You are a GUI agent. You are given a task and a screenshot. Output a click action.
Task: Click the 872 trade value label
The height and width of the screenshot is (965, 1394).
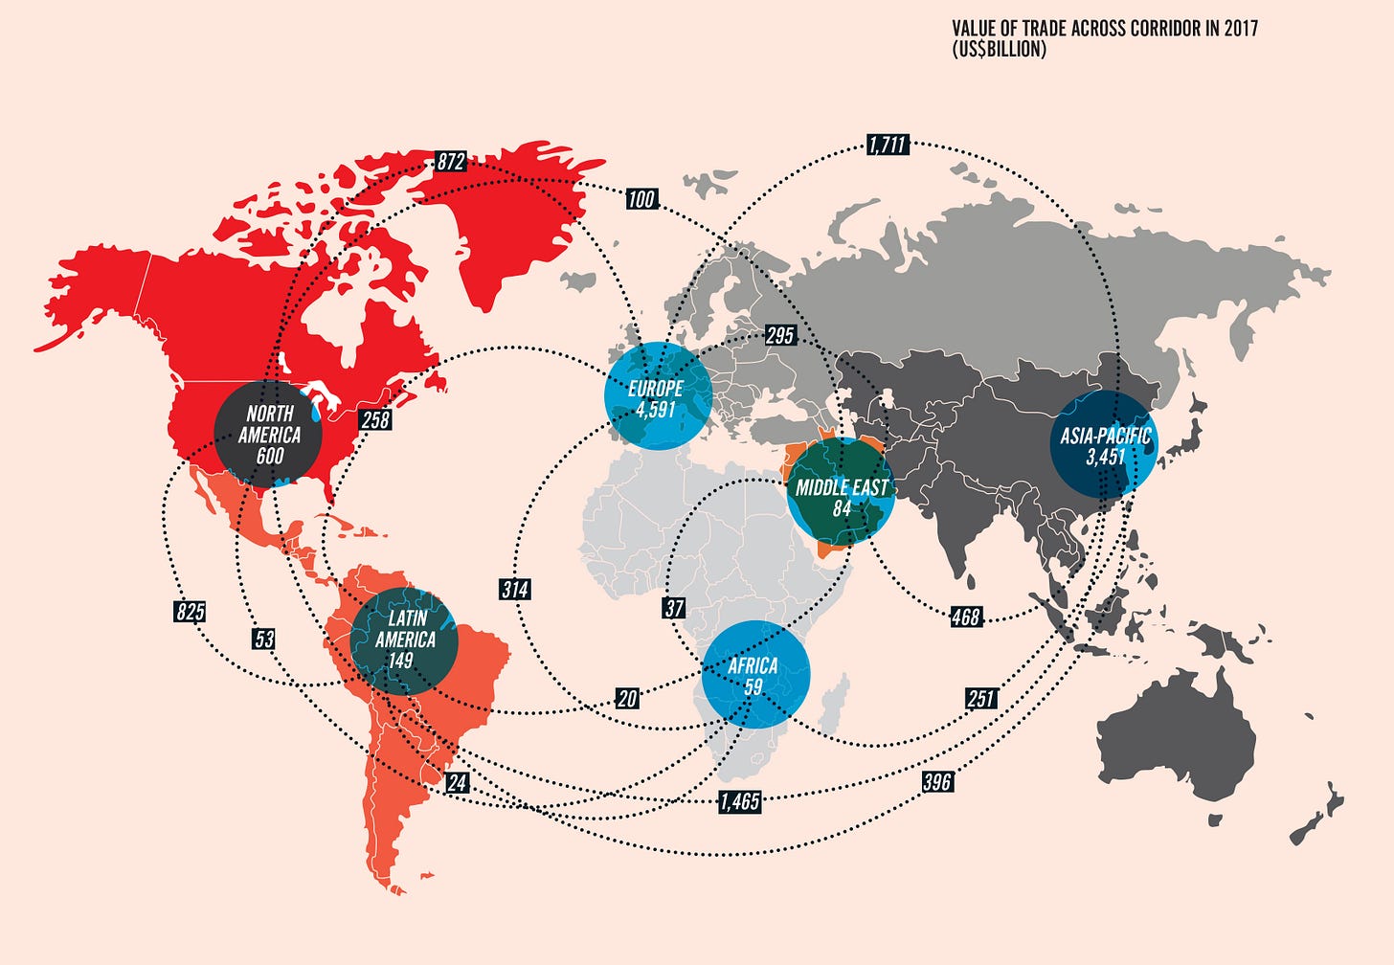tap(450, 162)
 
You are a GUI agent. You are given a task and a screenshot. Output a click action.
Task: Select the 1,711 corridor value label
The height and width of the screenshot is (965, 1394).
tap(887, 145)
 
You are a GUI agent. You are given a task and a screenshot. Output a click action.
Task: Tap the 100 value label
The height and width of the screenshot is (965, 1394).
tap(641, 199)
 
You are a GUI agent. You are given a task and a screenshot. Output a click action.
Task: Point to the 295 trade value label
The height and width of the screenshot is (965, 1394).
tap(780, 336)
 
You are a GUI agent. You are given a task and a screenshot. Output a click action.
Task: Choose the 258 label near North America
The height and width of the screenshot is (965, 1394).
tap(375, 419)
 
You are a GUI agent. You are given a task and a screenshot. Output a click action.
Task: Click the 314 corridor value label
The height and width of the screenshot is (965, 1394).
tap(515, 589)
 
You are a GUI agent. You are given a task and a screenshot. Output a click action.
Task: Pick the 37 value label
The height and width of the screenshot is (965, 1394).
tap(674, 608)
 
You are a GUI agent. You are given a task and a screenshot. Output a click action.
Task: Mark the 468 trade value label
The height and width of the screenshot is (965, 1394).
tap(965, 617)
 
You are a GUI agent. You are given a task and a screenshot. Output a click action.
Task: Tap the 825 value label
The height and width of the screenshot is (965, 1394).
tap(190, 612)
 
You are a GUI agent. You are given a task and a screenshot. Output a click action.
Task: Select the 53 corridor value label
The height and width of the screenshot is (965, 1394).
tap(264, 640)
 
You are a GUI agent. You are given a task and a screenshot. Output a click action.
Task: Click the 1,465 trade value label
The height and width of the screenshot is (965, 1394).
tap(740, 801)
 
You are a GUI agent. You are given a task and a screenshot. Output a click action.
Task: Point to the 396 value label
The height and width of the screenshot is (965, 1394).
tap(936, 782)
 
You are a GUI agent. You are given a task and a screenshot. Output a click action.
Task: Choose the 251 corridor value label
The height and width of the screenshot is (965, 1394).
tap(980, 698)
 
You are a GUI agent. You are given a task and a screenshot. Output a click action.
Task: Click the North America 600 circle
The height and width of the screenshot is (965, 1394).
tap(269, 435)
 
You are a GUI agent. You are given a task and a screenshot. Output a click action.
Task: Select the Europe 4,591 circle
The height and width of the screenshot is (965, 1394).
tap(658, 396)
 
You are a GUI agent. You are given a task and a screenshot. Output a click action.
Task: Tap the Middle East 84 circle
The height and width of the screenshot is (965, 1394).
tap(841, 493)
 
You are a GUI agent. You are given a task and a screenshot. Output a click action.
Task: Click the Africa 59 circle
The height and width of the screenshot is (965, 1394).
tap(755, 674)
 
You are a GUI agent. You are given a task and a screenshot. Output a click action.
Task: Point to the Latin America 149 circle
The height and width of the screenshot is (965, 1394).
tap(404, 640)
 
